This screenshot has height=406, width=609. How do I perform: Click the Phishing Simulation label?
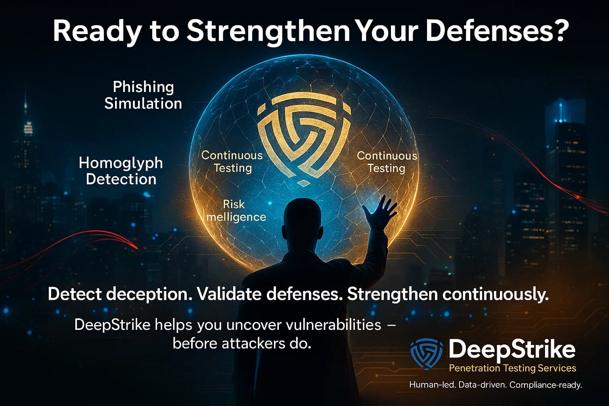pyautogui.click(x=143, y=95)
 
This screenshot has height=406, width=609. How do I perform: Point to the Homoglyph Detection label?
pyautogui.click(x=121, y=171)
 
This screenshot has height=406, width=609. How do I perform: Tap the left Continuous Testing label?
pyautogui.click(x=232, y=161)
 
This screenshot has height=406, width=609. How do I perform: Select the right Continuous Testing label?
pyautogui.click(x=387, y=161)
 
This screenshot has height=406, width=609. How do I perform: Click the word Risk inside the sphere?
pyautogui.click(x=234, y=204)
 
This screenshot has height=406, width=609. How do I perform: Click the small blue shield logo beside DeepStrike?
pyautogui.click(x=426, y=353)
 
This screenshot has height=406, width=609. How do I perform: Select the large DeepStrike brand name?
pyautogui.click(x=512, y=350)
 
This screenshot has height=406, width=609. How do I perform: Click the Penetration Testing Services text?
pyautogui.click(x=512, y=368)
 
